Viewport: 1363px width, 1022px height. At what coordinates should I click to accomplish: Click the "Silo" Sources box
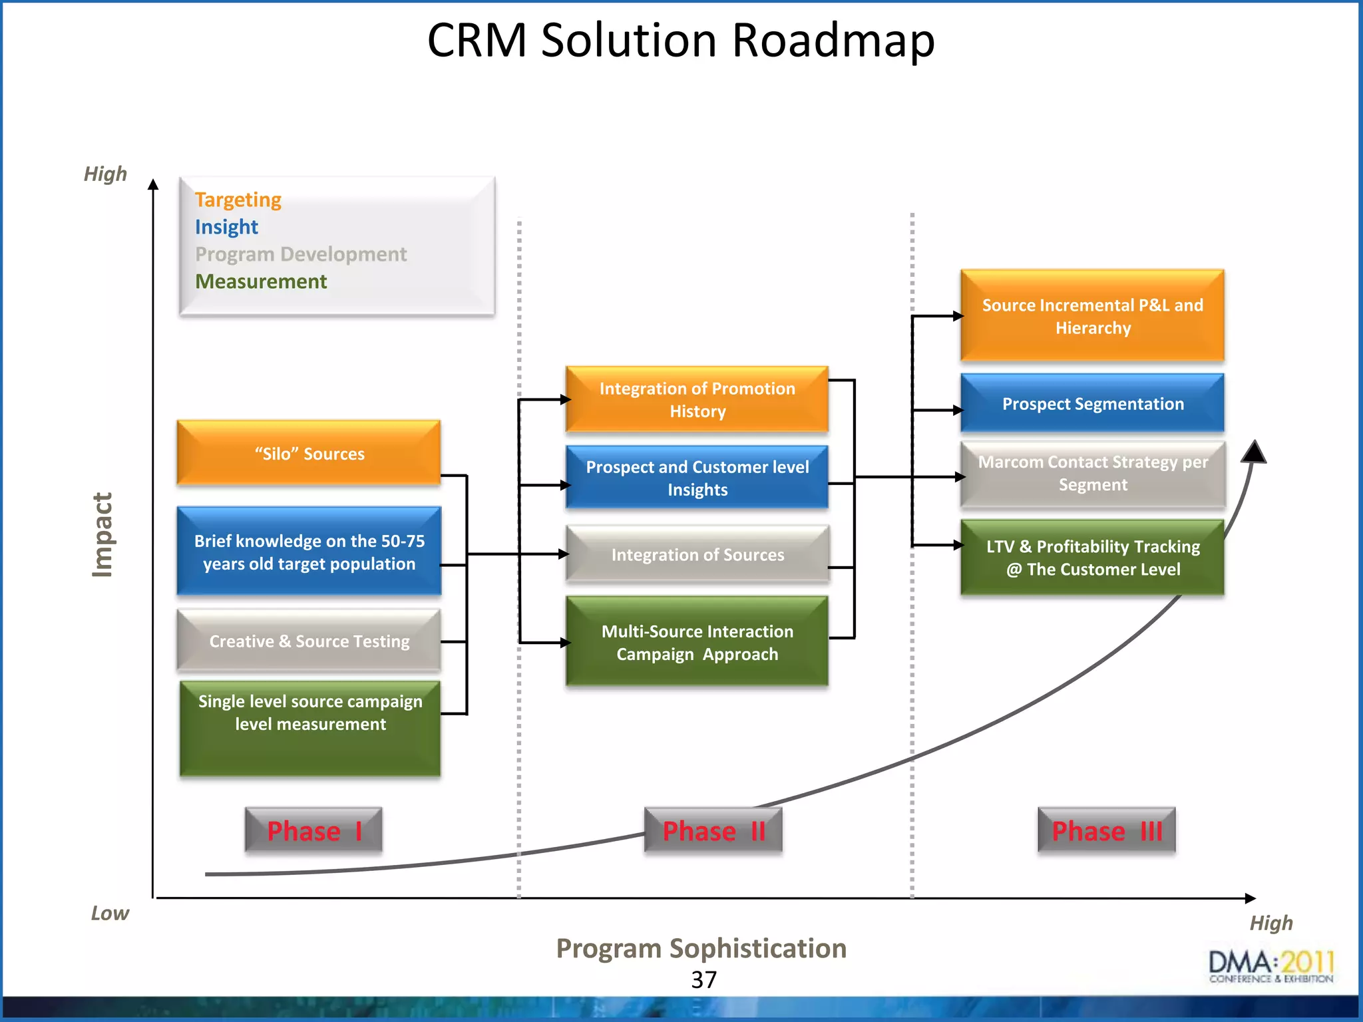pyautogui.click(x=308, y=453)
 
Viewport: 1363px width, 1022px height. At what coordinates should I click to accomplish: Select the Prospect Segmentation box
pyautogui.click(x=1092, y=404)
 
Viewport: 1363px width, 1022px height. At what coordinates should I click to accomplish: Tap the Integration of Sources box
pyautogui.click(x=697, y=554)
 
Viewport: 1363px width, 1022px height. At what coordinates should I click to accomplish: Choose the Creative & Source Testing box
pyautogui.click(x=308, y=641)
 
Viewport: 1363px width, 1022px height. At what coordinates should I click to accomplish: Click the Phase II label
pyautogui.click(x=713, y=830)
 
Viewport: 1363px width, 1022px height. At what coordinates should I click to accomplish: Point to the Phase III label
pyautogui.click(x=1106, y=830)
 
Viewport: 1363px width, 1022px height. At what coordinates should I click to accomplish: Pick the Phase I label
pyautogui.click(x=313, y=830)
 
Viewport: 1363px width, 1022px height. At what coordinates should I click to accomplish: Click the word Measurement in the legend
pyautogui.click(x=261, y=281)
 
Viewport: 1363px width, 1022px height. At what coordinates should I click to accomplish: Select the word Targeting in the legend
pyautogui.click(x=238, y=200)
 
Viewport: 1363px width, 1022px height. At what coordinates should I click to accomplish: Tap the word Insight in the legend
pyautogui.click(x=226, y=227)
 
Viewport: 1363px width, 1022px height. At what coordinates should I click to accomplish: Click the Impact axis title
pyautogui.click(x=102, y=534)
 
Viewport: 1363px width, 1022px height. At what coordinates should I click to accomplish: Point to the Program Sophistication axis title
pyautogui.click(x=701, y=948)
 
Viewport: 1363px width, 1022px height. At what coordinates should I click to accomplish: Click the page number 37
pyautogui.click(x=703, y=979)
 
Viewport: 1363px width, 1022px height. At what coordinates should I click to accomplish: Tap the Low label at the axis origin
pyautogui.click(x=110, y=913)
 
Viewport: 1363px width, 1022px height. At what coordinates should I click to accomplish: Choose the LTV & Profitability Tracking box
pyautogui.click(x=1092, y=558)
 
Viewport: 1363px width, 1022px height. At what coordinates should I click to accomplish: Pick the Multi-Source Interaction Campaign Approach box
pyautogui.click(x=697, y=642)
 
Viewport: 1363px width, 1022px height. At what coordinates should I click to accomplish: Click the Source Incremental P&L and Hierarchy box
pyautogui.click(x=1092, y=316)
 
